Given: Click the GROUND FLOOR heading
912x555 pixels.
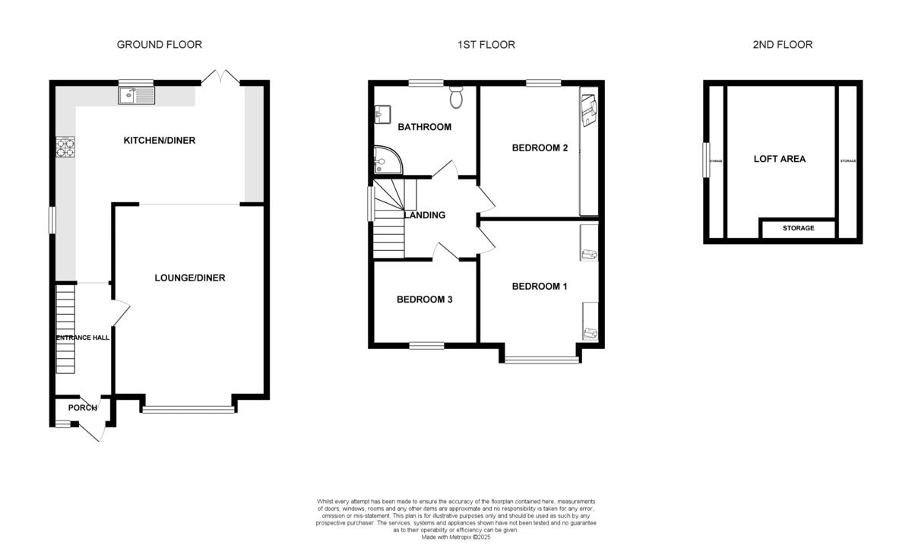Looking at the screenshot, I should pyautogui.click(x=159, y=45).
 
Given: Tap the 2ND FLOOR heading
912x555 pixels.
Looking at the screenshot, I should pyautogui.click(x=782, y=45).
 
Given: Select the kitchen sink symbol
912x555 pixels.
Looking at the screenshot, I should pyautogui.click(x=137, y=96).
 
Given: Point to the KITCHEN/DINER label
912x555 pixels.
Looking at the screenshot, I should pyautogui.click(x=154, y=140).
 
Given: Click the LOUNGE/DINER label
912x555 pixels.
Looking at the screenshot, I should pyautogui.click(x=190, y=278).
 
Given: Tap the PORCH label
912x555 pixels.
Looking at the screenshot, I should pyautogui.click(x=82, y=408).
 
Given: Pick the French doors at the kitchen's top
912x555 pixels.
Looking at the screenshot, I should pyautogui.click(x=219, y=76).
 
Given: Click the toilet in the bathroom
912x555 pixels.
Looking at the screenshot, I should pyautogui.click(x=457, y=98).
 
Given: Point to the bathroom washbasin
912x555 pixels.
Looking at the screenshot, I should pyautogui.click(x=382, y=115).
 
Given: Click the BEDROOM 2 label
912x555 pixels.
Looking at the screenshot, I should pyautogui.click(x=540, y=148).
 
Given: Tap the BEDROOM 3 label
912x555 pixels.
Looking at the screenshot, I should pyautogui.click(x=425, y=300).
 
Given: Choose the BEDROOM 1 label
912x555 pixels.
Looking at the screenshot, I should pyautogui.click(x=540, y=287).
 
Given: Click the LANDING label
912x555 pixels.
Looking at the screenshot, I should pyautogui.click(x=425, y=215).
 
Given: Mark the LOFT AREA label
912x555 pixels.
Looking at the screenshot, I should pyautogui.click(x=779, y=160).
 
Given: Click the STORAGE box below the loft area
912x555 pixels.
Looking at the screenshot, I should pyautogui.click(x=798, y=228).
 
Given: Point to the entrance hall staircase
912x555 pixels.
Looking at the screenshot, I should pyautogui.click(x=66, y=328).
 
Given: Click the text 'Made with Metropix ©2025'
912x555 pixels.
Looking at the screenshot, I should pyautogui.click(x=455, y=537).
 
